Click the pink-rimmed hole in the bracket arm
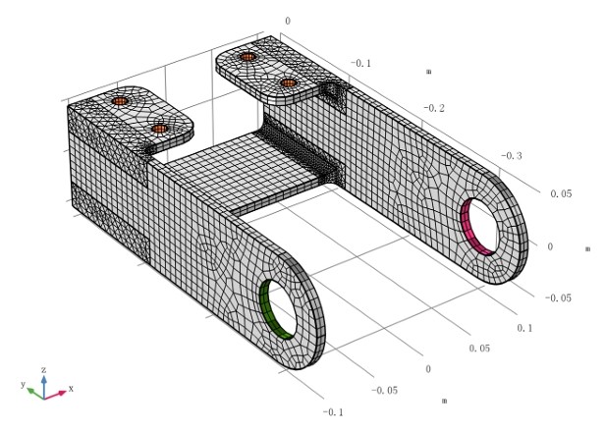484,225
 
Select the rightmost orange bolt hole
288,83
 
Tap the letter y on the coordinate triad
22,384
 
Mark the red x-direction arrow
57,393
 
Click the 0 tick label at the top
287,20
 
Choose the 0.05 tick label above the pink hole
560,194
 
